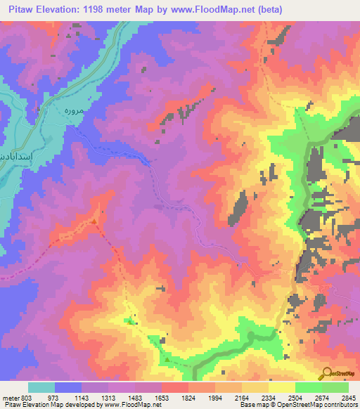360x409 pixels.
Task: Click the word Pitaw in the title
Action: click(20, 9)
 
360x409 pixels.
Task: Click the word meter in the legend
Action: click(9, 398)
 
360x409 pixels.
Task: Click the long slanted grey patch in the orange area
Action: click(240, 208)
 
